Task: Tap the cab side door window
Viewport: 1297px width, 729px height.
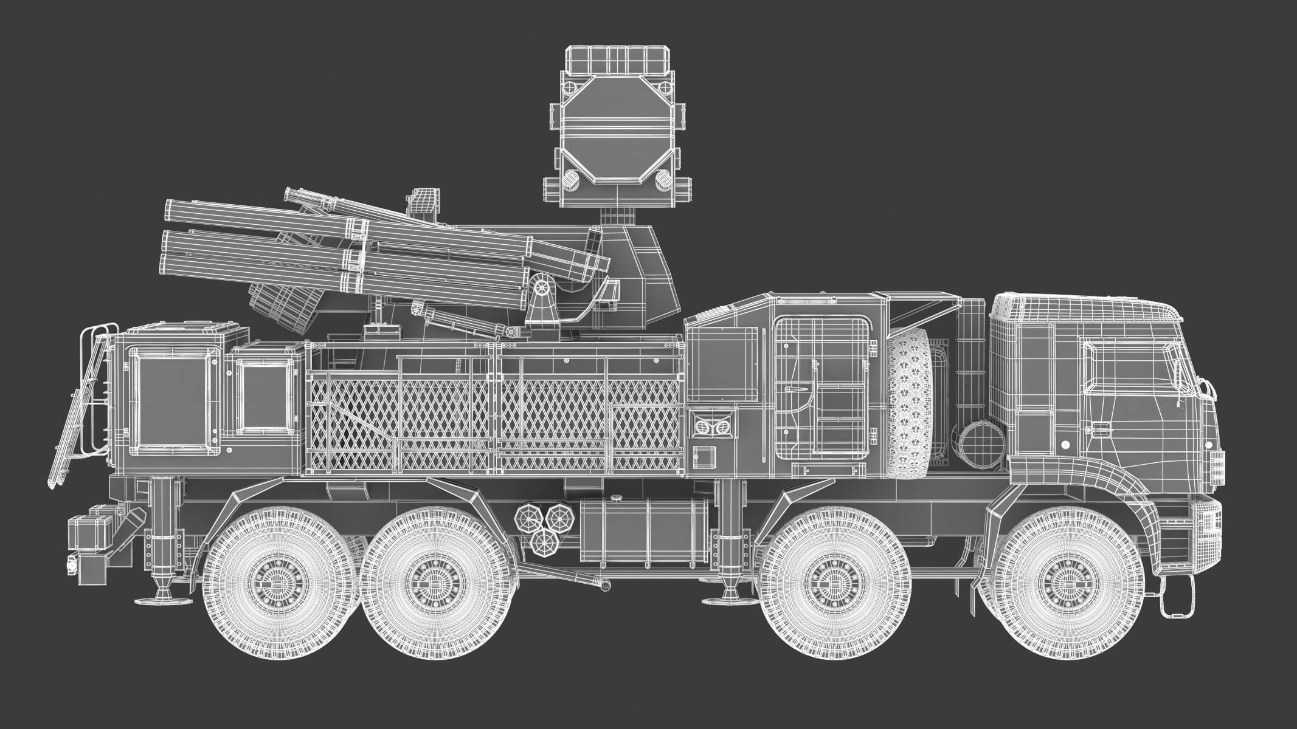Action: (1126, 366)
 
